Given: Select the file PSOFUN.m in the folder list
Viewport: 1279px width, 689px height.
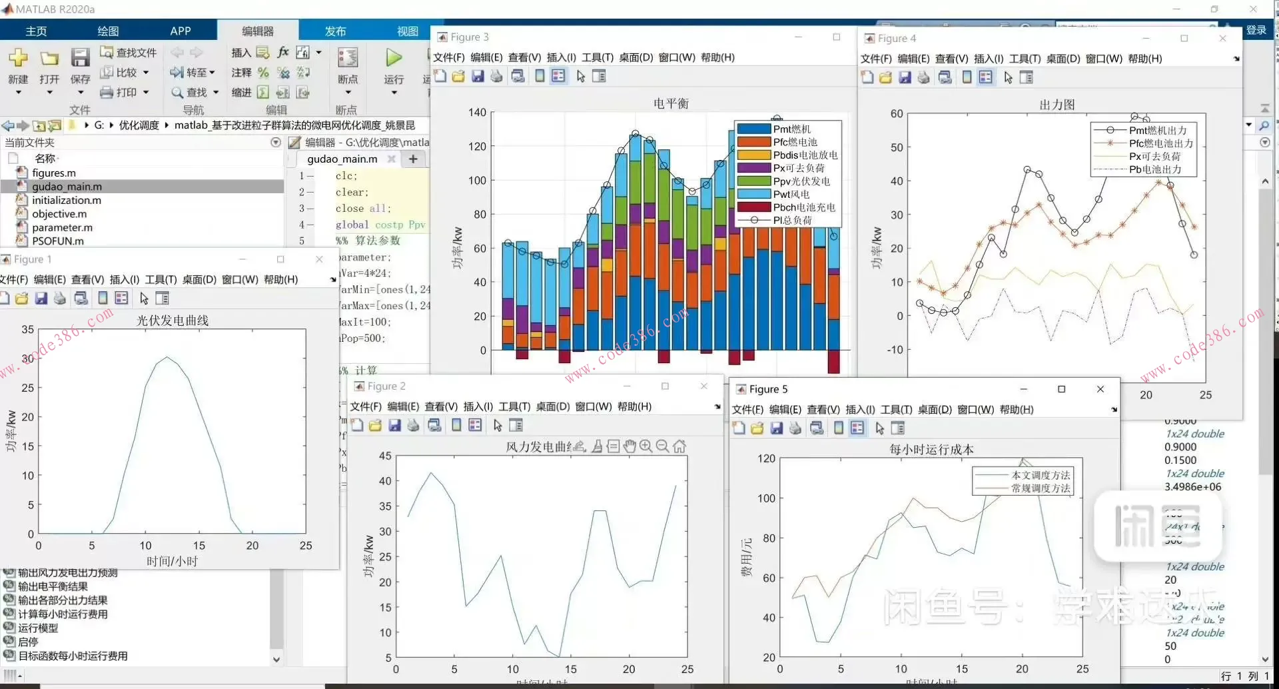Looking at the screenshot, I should click(58, 241).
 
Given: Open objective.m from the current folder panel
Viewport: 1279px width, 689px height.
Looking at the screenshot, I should click(59, 214).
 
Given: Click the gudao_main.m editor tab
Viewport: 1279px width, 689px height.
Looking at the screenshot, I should click(342, 159).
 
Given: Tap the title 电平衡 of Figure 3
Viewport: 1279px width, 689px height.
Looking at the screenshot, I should click(671, 103).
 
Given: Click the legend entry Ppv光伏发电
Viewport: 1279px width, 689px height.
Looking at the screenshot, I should click(801, 181).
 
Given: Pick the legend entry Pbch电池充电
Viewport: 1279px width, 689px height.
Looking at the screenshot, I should click(803, 207).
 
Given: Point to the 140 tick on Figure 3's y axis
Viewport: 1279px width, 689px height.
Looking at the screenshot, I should click(477, 112).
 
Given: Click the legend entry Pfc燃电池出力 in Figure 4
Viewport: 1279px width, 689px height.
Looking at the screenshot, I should click(1160, 143).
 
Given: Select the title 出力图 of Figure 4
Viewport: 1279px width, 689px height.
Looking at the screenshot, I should click(1057, 105).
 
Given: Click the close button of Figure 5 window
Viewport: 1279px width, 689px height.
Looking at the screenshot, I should click(1100, 389).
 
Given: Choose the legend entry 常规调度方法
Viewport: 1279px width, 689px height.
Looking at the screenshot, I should click(1041, 488).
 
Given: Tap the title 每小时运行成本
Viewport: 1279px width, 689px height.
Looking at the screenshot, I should click(931, 450).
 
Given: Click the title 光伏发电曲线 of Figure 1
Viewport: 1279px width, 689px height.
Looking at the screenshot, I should click(173, 321).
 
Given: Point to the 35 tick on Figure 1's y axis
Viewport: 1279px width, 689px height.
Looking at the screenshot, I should click(27, 329).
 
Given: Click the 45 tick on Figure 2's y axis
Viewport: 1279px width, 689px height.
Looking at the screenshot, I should click(385, 456).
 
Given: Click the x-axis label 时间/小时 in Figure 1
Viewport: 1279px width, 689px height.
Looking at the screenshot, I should click(172, 561).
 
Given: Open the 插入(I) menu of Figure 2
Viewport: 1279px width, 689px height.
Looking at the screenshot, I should click(478, 406).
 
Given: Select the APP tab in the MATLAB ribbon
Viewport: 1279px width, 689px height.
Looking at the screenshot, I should click(180, 31).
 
